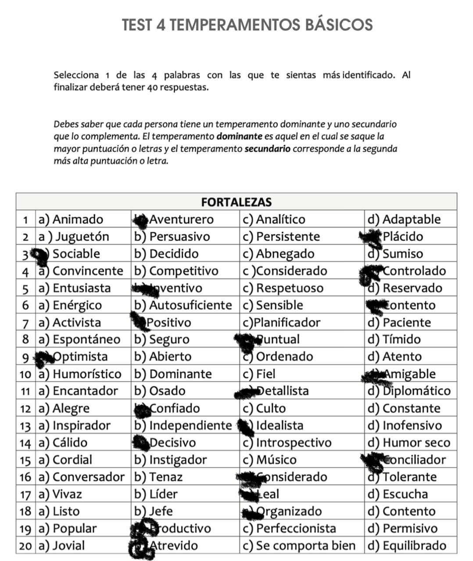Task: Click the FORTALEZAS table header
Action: [236, 202]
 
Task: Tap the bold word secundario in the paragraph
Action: [267, 149]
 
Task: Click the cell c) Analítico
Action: [280, 219]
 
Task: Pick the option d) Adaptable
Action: [404, 219]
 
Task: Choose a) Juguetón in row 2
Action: [74, 237]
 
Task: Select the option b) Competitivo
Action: [176, 271]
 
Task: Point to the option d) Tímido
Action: [394, 340]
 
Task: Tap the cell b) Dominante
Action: [173, 374]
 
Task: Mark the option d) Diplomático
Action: [409, 391]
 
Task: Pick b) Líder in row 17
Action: [156, 494]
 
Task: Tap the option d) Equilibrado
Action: [407, 546]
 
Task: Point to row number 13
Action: [25, 426]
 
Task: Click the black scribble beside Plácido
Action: [371, 237]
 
